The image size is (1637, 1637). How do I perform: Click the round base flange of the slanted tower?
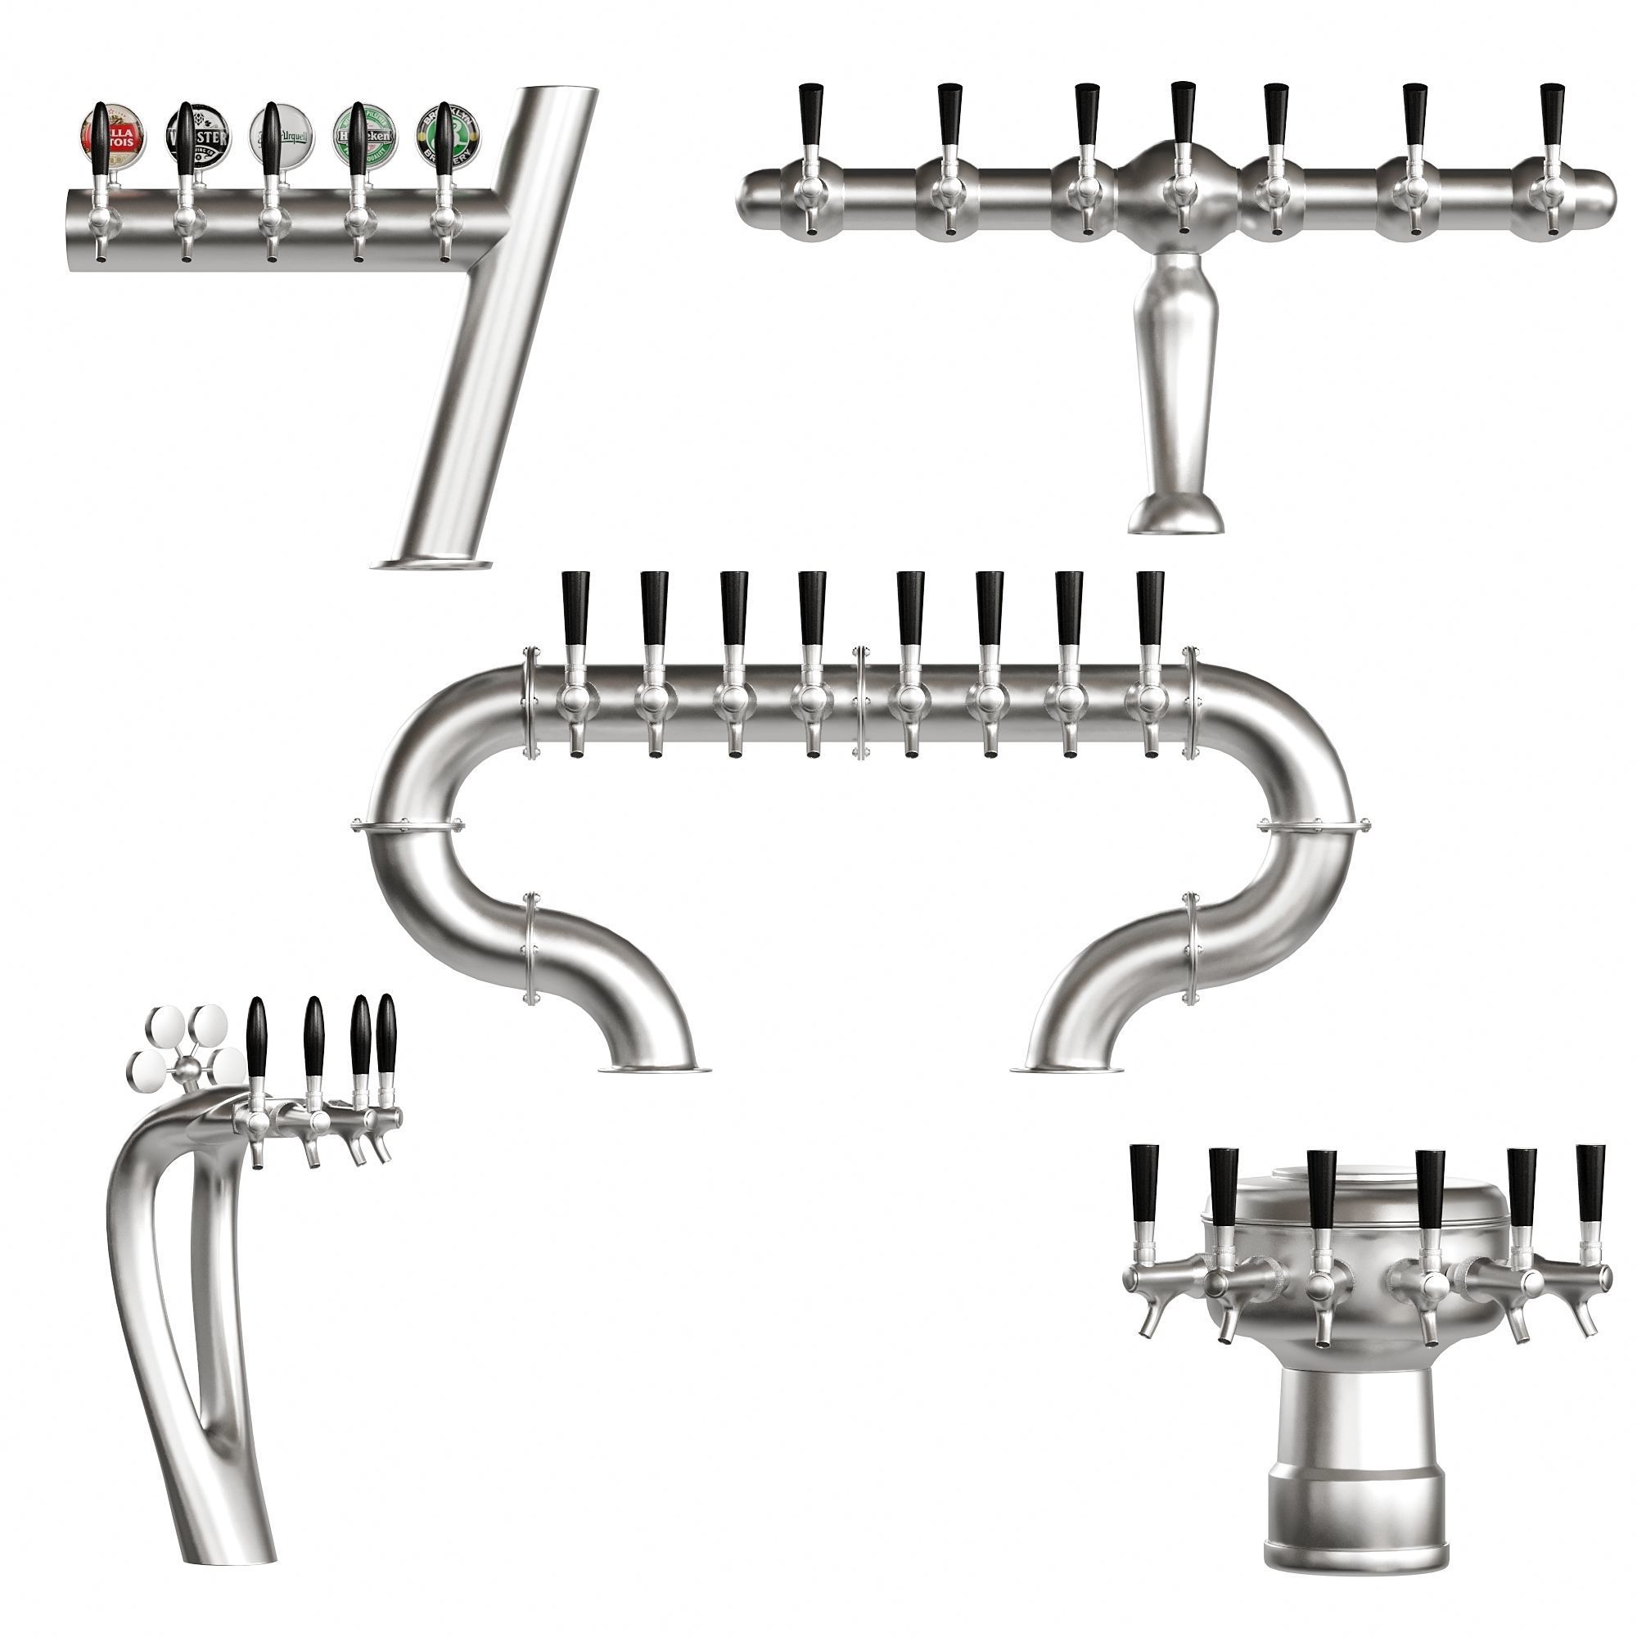(x=432, y=564)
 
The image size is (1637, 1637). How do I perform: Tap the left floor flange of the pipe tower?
(x=654, y=1069)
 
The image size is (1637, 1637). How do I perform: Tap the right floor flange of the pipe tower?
(x=1069, y=1069)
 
